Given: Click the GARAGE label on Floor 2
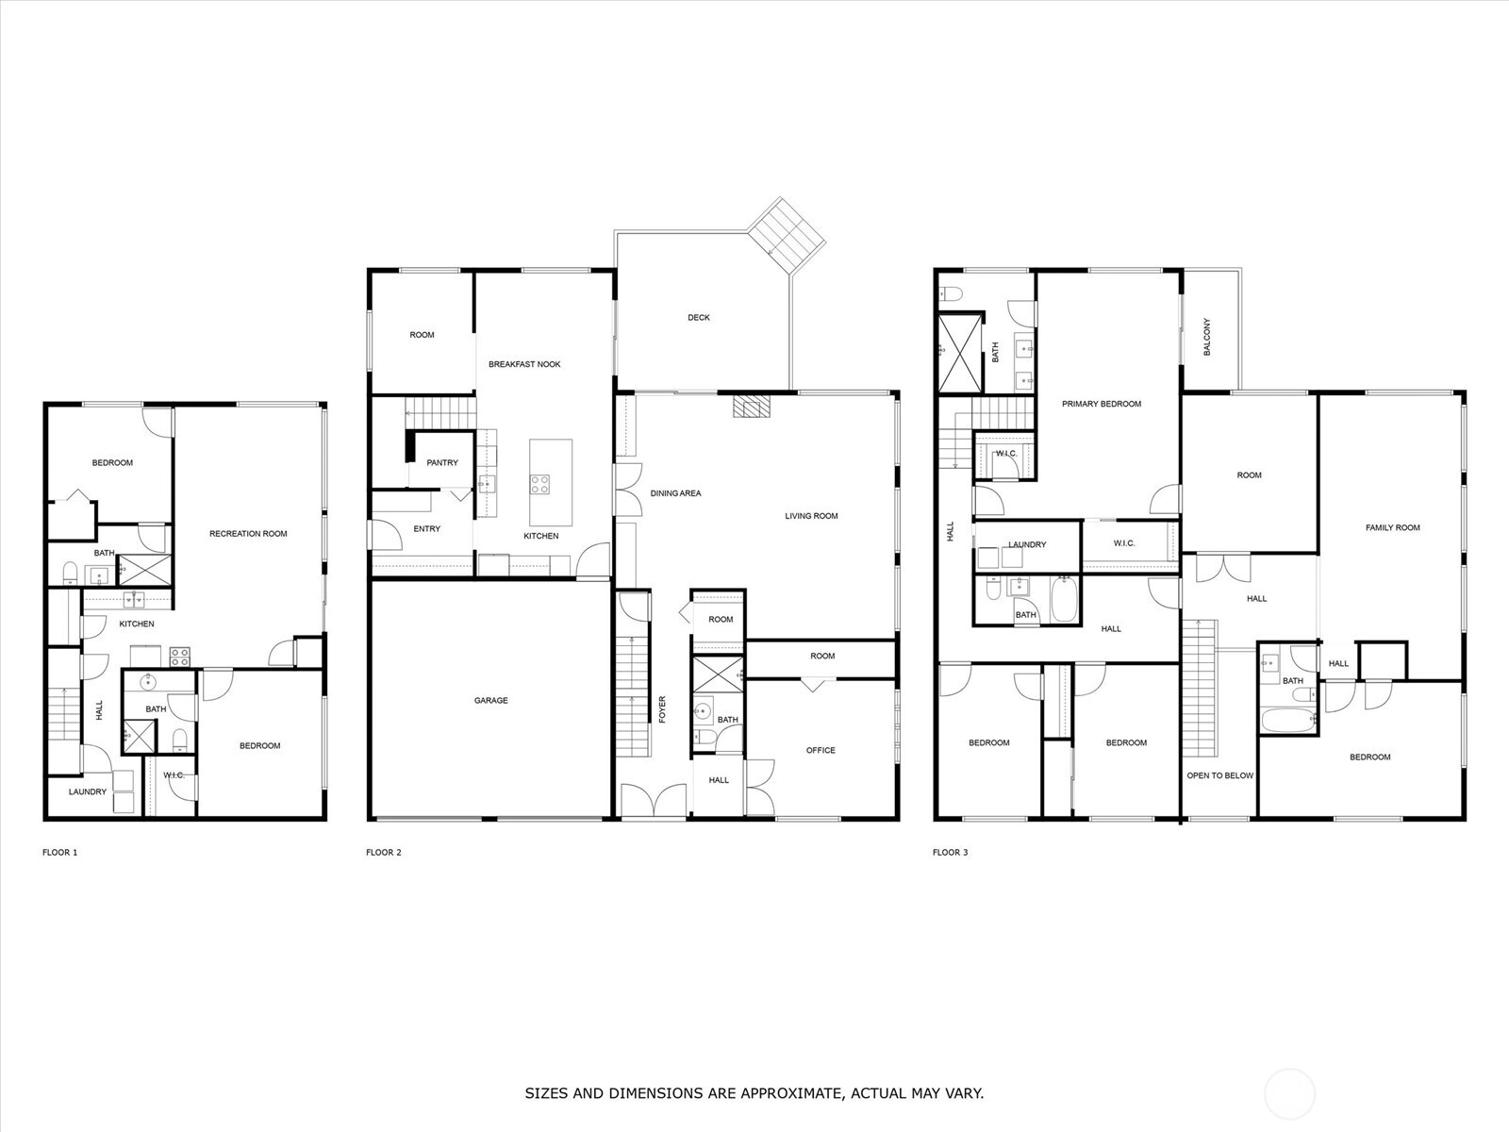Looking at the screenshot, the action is click(490, 700).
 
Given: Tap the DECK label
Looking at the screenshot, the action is click(699, 318).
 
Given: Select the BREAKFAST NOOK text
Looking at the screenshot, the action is click(524, 364).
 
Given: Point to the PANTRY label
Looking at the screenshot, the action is click(442, 462).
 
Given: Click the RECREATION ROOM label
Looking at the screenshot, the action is click(248, 533).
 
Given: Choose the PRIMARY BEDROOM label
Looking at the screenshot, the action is click(1102, 404).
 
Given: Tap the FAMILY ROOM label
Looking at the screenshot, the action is click(1392, 528).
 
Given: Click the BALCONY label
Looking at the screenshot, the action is click(1206, 337).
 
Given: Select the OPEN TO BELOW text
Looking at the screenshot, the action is click(1219, 775).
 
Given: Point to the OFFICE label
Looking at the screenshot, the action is click(821, 750).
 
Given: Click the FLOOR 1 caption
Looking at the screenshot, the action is click(59, 852).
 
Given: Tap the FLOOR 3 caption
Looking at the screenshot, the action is click(950, 852).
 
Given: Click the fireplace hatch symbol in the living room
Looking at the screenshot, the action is click(752, 407).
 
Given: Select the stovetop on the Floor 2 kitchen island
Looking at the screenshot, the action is click(539, 485).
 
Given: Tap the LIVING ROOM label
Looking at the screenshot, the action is click(811, 515).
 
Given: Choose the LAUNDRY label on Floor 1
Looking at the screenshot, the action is click(88, 791).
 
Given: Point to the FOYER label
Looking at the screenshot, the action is click(663, 709).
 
